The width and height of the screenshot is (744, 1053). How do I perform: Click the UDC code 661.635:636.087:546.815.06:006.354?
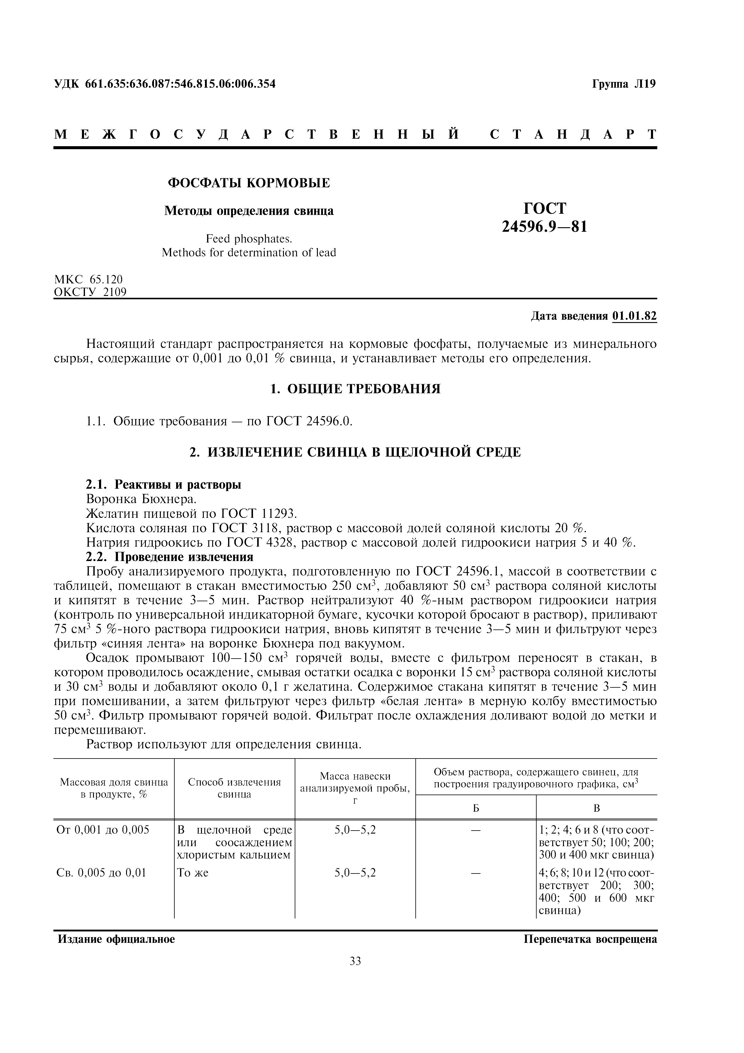(x=180, y=84)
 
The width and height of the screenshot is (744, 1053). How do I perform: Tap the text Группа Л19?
(x=624, y=84)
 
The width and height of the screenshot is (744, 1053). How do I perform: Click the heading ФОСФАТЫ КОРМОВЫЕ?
(x=249, y=183)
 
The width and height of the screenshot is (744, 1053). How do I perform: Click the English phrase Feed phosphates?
(x=249, y=239)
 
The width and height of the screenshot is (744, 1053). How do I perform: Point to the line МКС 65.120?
(x=89, y=279)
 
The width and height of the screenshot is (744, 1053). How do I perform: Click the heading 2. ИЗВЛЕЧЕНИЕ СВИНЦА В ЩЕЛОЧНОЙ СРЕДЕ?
(x=355, y=452)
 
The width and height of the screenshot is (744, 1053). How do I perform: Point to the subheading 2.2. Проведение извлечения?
(x=170, y=557)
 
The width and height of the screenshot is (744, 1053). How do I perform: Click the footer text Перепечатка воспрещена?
(x=590, y=939)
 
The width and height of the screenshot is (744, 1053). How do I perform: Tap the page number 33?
(x=355, y=961)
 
